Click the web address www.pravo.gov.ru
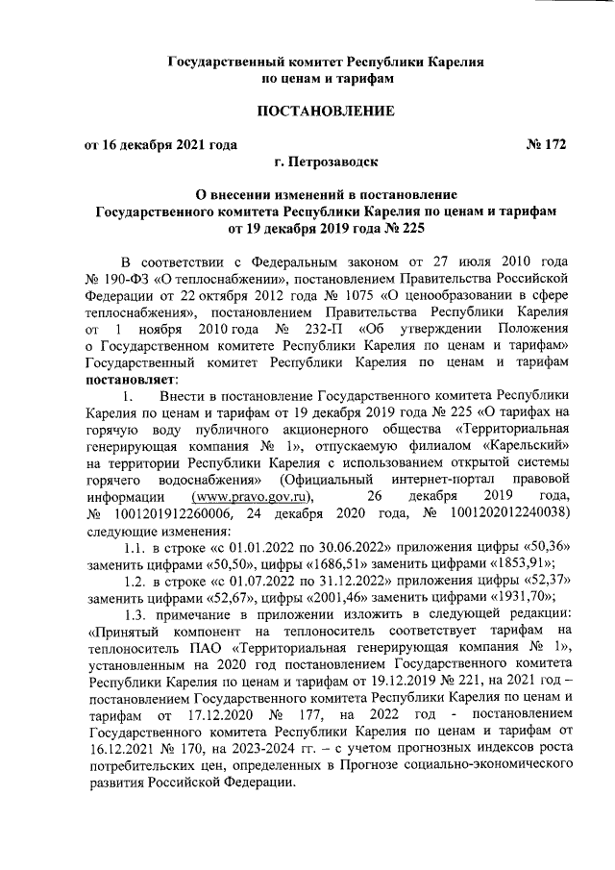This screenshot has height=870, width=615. coord(254,496)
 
